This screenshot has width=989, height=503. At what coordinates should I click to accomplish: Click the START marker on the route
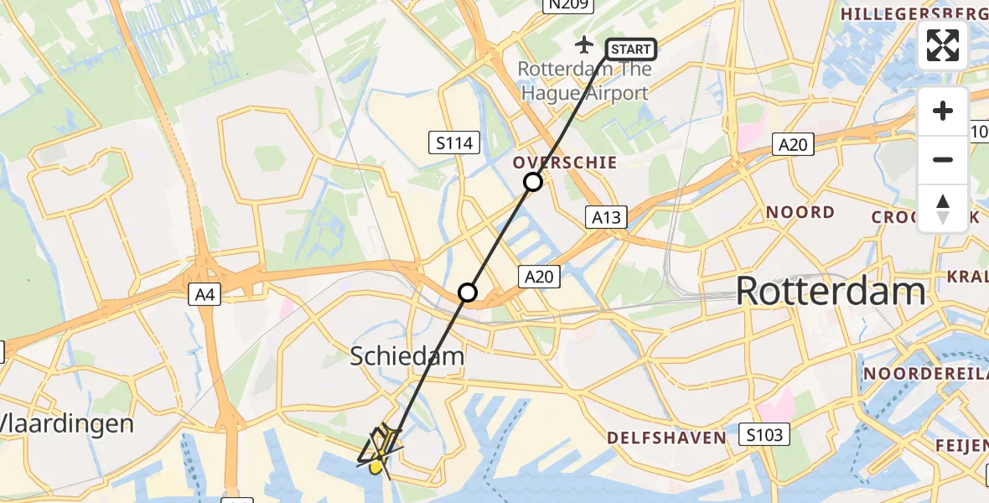(x=630, y=49)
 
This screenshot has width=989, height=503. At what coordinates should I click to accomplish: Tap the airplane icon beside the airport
(x=585, y=44)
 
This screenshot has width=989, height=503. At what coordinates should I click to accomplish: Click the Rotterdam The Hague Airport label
(x=584, y=80)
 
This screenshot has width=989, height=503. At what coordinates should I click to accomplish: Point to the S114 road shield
(x=455, y=143)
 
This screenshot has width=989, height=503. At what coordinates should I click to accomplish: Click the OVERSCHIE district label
(x=566, y=163)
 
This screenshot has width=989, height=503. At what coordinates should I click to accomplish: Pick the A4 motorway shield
(x=205, y=294)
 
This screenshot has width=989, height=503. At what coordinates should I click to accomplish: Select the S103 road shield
(x=764, y=433)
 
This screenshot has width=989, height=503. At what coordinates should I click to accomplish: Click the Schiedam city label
(x=406, y=356)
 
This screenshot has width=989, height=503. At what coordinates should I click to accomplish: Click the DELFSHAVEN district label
(x=666, y=438)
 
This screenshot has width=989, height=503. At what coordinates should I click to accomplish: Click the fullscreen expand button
(x=943, y=45)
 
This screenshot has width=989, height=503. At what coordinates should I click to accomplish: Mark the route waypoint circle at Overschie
(x=533, y=182)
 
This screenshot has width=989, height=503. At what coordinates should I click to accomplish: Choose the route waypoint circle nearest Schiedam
(x=468, y=293)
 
